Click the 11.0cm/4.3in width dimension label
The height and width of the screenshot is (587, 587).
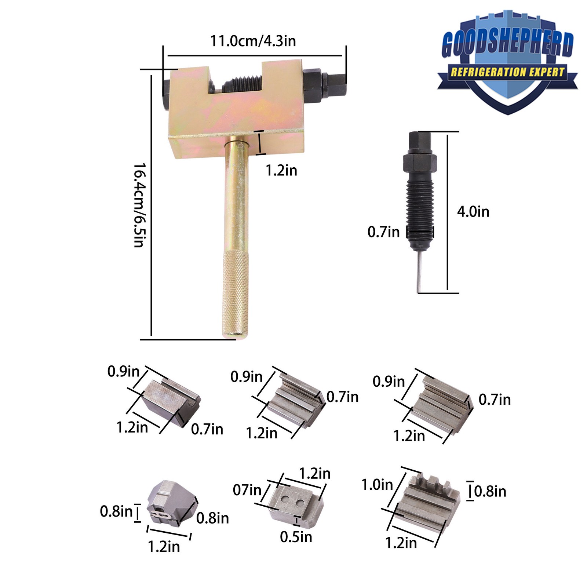(x=253, y=41)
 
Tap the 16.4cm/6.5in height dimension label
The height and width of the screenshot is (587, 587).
(x=139, y=205)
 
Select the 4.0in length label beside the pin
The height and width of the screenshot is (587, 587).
(x=473, y=212)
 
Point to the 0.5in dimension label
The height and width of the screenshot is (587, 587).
(x=296, y=537)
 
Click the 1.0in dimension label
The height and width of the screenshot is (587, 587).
(x=377, y=485)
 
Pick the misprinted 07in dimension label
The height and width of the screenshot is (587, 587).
(x=247, y=490)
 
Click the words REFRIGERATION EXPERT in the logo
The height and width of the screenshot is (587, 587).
(x=507, y=72)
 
